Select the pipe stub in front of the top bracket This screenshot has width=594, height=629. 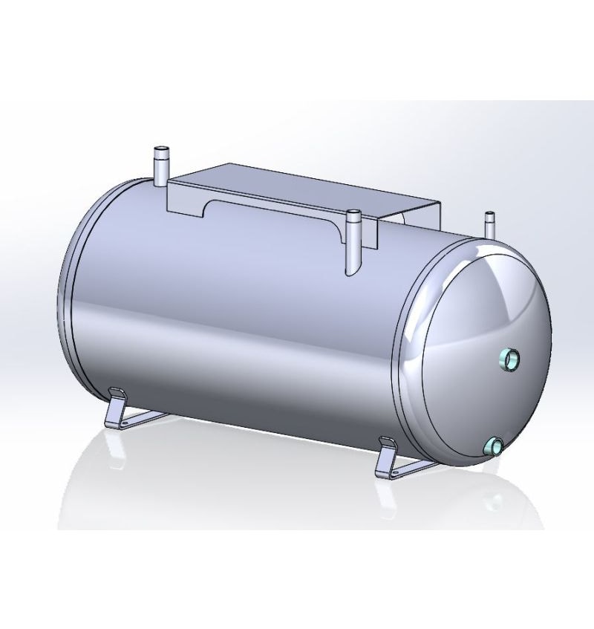(353, 238)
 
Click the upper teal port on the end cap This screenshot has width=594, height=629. (511, 359)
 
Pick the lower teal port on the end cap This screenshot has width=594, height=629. (493, 446)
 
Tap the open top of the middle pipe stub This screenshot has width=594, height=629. (354, 214)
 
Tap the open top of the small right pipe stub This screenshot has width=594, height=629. (489, 216)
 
